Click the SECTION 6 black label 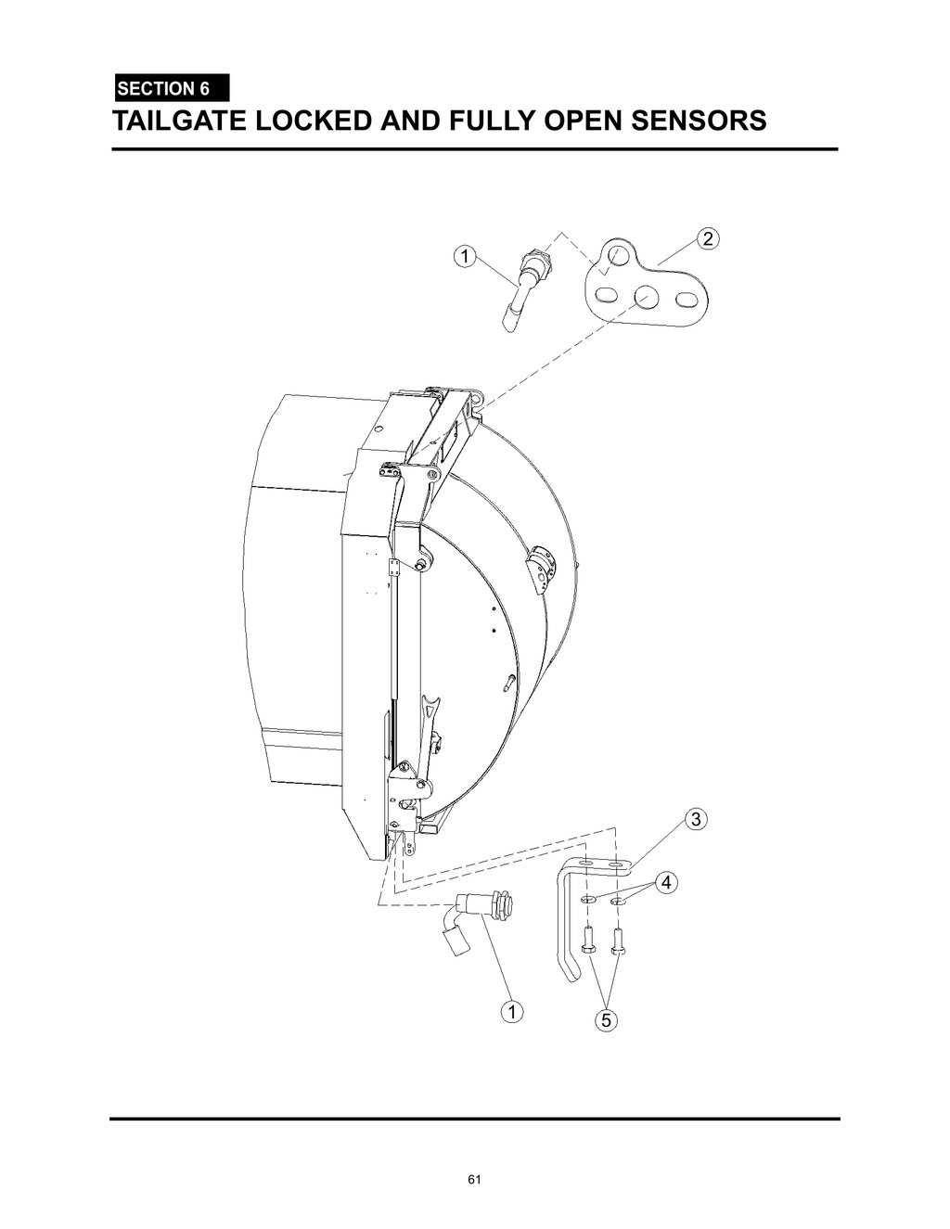point(171,89)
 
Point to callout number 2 point(708,238)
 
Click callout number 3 point(695,819)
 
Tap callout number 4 point(665,882)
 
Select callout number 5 point(605,1021)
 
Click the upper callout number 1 point(463,256)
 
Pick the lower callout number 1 point(509,1011)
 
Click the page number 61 point(475,1180)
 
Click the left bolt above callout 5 point(586,941)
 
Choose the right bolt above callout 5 point(619,941)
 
